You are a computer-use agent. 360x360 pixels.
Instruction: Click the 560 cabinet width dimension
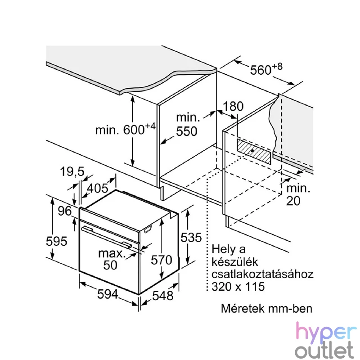pos(266,69)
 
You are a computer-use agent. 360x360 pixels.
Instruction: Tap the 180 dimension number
pos(233,106)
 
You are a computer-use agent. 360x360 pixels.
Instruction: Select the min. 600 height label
pos(126,129)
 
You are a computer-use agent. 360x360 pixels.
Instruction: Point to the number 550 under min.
pos(187,131)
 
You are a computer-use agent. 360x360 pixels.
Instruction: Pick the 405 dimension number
pos(97,188)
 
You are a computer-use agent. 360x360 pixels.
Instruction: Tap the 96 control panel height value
pos(65,211)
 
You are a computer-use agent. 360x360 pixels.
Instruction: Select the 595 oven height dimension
pos(57,241)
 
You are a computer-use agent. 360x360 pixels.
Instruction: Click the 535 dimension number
pos(191,238)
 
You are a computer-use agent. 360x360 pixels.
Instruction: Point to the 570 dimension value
pos(162,260)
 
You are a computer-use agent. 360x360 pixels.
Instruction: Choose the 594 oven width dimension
pos(108,294)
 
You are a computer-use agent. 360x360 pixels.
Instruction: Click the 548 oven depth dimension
pos(163,296)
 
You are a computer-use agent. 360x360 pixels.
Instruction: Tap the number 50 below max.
pos(110,265)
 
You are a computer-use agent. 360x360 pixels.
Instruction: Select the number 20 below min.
pos(293,201)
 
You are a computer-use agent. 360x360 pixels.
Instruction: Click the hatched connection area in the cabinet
pos(254,152)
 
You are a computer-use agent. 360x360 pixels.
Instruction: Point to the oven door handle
pos(107,237)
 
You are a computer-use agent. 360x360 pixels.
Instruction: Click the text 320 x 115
pos(238,287)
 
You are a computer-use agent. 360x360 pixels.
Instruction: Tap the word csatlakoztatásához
pos(262,274)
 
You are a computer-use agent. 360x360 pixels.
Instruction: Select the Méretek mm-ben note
pos(266,308)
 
